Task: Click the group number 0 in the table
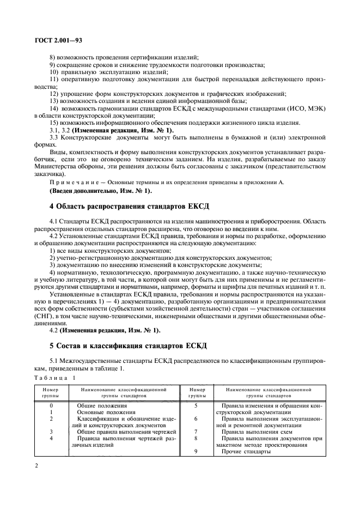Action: point(51,406)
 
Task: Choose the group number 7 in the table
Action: point(195,431)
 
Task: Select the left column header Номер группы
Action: point(51,393)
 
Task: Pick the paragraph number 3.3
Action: point(55,138)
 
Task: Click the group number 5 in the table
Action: point(195,406)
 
